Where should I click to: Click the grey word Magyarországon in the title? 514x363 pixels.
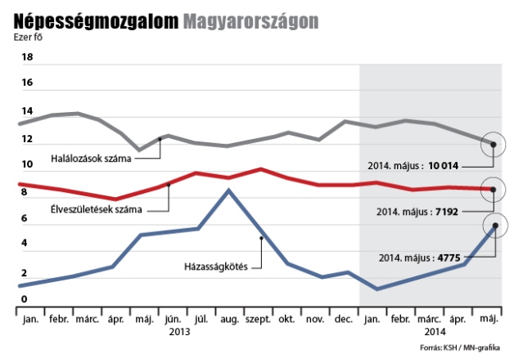250,20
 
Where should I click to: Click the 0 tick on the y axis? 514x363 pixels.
25,300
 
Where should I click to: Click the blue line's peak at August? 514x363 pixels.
229,190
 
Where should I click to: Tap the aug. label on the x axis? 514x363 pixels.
228,320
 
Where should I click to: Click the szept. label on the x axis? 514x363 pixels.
259,320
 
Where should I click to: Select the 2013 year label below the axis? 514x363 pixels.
180,333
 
